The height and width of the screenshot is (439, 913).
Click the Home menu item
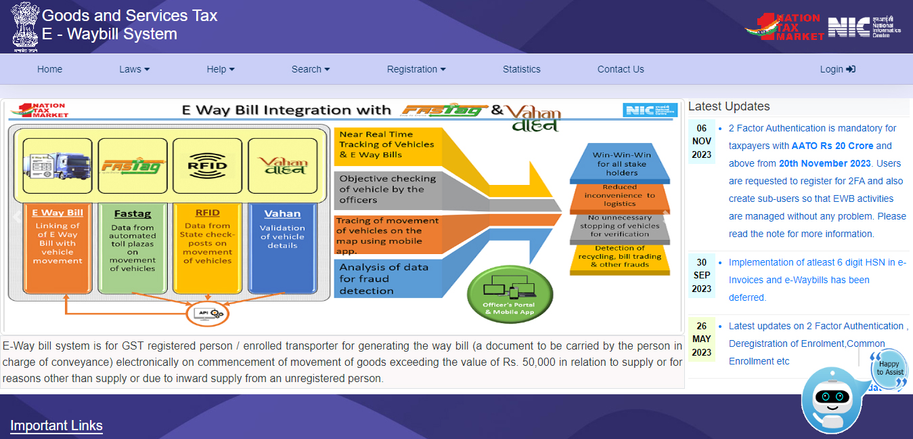(49, 69)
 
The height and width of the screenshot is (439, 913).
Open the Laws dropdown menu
(134, 69)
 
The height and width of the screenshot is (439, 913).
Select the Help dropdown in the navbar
(221, 69)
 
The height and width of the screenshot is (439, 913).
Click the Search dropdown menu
(311, 69)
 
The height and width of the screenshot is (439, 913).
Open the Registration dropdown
(416, 69)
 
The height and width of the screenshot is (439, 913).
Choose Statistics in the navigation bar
(521, 69)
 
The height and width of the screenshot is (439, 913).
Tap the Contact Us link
(621, 69)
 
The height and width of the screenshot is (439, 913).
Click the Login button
(837, 69)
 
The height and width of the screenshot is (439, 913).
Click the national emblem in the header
(26, 26)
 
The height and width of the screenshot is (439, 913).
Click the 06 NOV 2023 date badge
(702, 142)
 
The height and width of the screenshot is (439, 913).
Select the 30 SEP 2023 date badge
(702, 276)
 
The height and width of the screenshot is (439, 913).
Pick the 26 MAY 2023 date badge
(702, 339)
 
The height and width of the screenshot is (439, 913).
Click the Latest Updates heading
(729, 106)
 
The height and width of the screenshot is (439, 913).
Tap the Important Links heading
(56, 426)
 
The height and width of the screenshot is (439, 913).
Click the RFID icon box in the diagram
(208, 165)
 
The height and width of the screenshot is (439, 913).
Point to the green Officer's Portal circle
(510, 295)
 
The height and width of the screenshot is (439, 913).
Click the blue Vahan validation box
(282, 248)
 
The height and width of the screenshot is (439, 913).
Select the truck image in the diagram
(58, 165)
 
